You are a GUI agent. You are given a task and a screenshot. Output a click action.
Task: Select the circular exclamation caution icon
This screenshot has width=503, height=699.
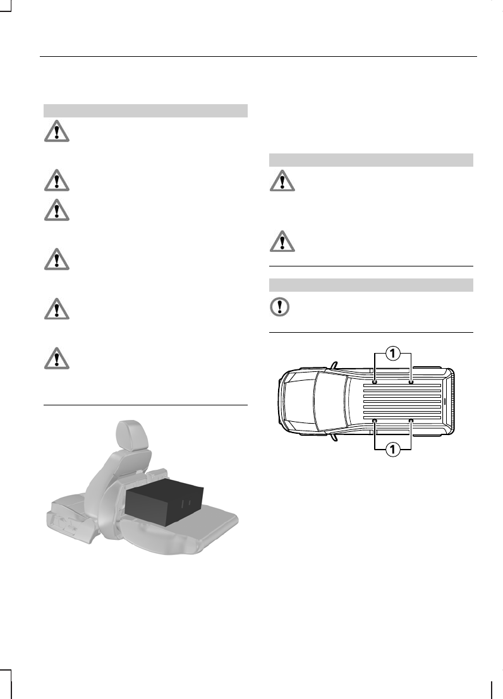pos(279,307)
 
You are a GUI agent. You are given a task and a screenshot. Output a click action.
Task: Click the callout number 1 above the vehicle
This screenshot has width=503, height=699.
pos(392,354)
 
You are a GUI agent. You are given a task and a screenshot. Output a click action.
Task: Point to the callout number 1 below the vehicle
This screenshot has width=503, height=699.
pos(392,450)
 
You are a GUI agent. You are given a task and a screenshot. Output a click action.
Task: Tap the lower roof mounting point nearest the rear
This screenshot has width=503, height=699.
pos(411,421)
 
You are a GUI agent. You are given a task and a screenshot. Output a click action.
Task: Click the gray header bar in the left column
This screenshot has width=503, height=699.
pos(145,111)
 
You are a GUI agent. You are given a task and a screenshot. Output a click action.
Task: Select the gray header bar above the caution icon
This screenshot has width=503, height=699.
pos(371,285)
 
